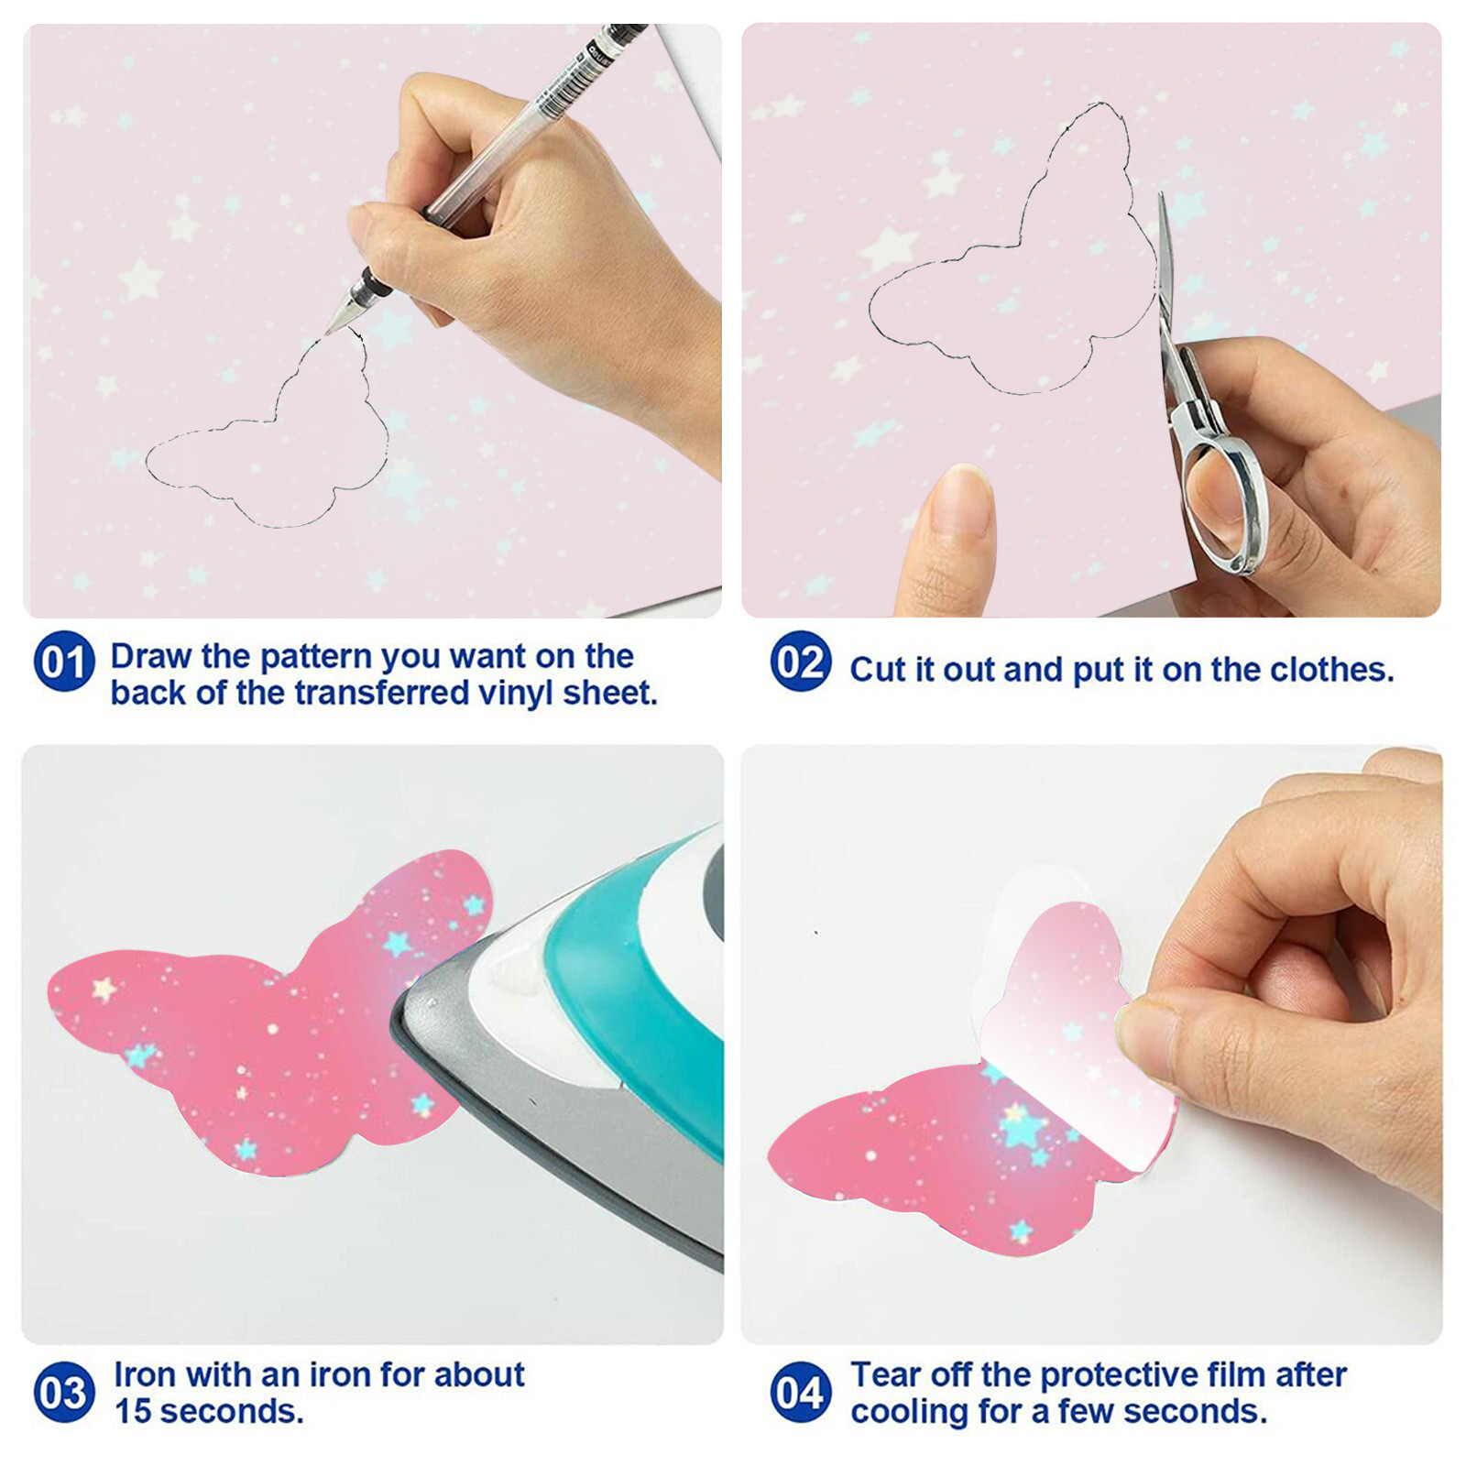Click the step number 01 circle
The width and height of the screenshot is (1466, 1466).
pyautogui.click(x=64, y=662)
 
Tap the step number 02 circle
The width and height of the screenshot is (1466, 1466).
pyautogui.click(x=801, y=662)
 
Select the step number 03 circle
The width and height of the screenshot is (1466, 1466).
pyautogui.click(x=64, y=1393)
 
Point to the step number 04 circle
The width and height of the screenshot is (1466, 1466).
pyautogui.click(x=801, y=1393)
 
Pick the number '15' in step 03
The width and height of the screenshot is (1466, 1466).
pyautogui.click(x=133, y=1411)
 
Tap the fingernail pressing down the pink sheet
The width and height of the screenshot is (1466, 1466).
pyautogui.click(x=962, y=500)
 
